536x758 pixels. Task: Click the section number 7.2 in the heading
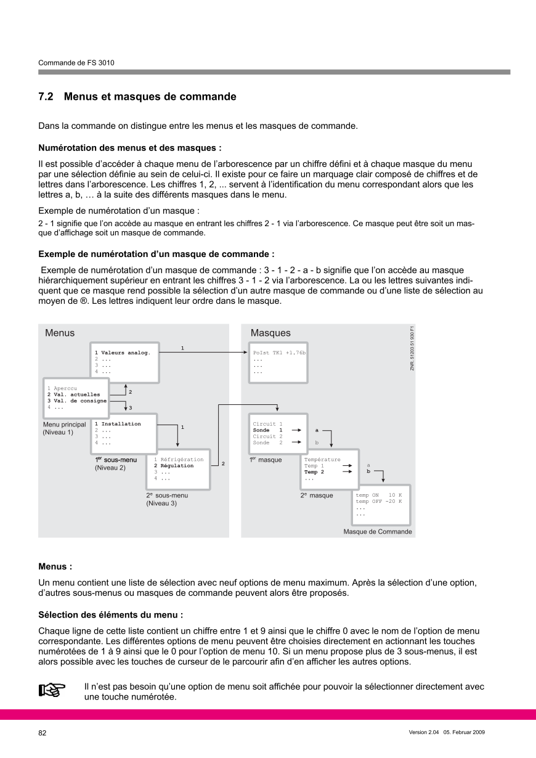[46, 97]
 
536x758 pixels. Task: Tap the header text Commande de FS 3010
[76, 63]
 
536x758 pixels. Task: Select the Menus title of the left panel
[60, 333]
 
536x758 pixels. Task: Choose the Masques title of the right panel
[270, 333]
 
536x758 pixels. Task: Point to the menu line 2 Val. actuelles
[73, 394]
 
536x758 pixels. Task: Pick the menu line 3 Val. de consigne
[77, 401]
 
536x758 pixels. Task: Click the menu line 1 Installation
[118, 424]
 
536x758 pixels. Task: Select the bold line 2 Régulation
[174, 466]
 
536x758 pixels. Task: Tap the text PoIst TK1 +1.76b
[279, 353]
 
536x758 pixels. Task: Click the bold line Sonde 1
[267, 430]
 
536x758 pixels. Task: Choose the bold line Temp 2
[314, 472]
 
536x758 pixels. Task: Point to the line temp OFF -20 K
[378, 501]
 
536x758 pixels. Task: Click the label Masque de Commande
[378, 531]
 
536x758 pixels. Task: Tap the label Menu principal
[64, 425]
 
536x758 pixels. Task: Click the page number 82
[43, 733]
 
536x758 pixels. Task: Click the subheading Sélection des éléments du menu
[111, 614]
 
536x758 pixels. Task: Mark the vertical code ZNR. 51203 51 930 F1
[412, 348]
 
